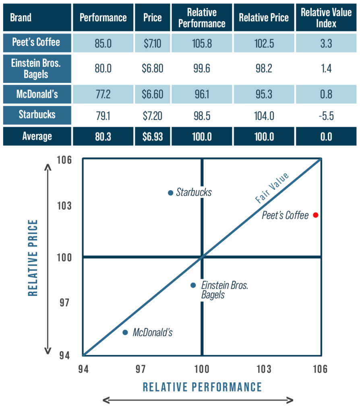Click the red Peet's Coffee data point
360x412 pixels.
(316, 215)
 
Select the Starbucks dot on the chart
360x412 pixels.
(170, 193)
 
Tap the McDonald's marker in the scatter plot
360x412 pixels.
(125, 332)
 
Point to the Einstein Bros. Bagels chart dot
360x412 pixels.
(193, 285)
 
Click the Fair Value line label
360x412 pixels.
(272, 187)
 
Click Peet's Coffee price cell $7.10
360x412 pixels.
(152, 43)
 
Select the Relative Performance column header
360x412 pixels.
(202, 18)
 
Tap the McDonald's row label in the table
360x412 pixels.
(37, 95)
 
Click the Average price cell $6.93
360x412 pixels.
(152, 136)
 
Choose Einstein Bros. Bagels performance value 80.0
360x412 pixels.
(103, 69)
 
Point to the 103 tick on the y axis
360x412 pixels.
(65, 206)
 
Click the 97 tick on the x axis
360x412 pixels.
(140, 369)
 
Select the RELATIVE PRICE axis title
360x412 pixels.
(33, 257)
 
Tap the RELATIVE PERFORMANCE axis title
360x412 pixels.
(202, 387)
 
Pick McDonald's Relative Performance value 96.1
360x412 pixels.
(202, 95)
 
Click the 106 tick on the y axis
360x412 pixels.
(65, 160)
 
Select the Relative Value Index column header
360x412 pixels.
(326, 18)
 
